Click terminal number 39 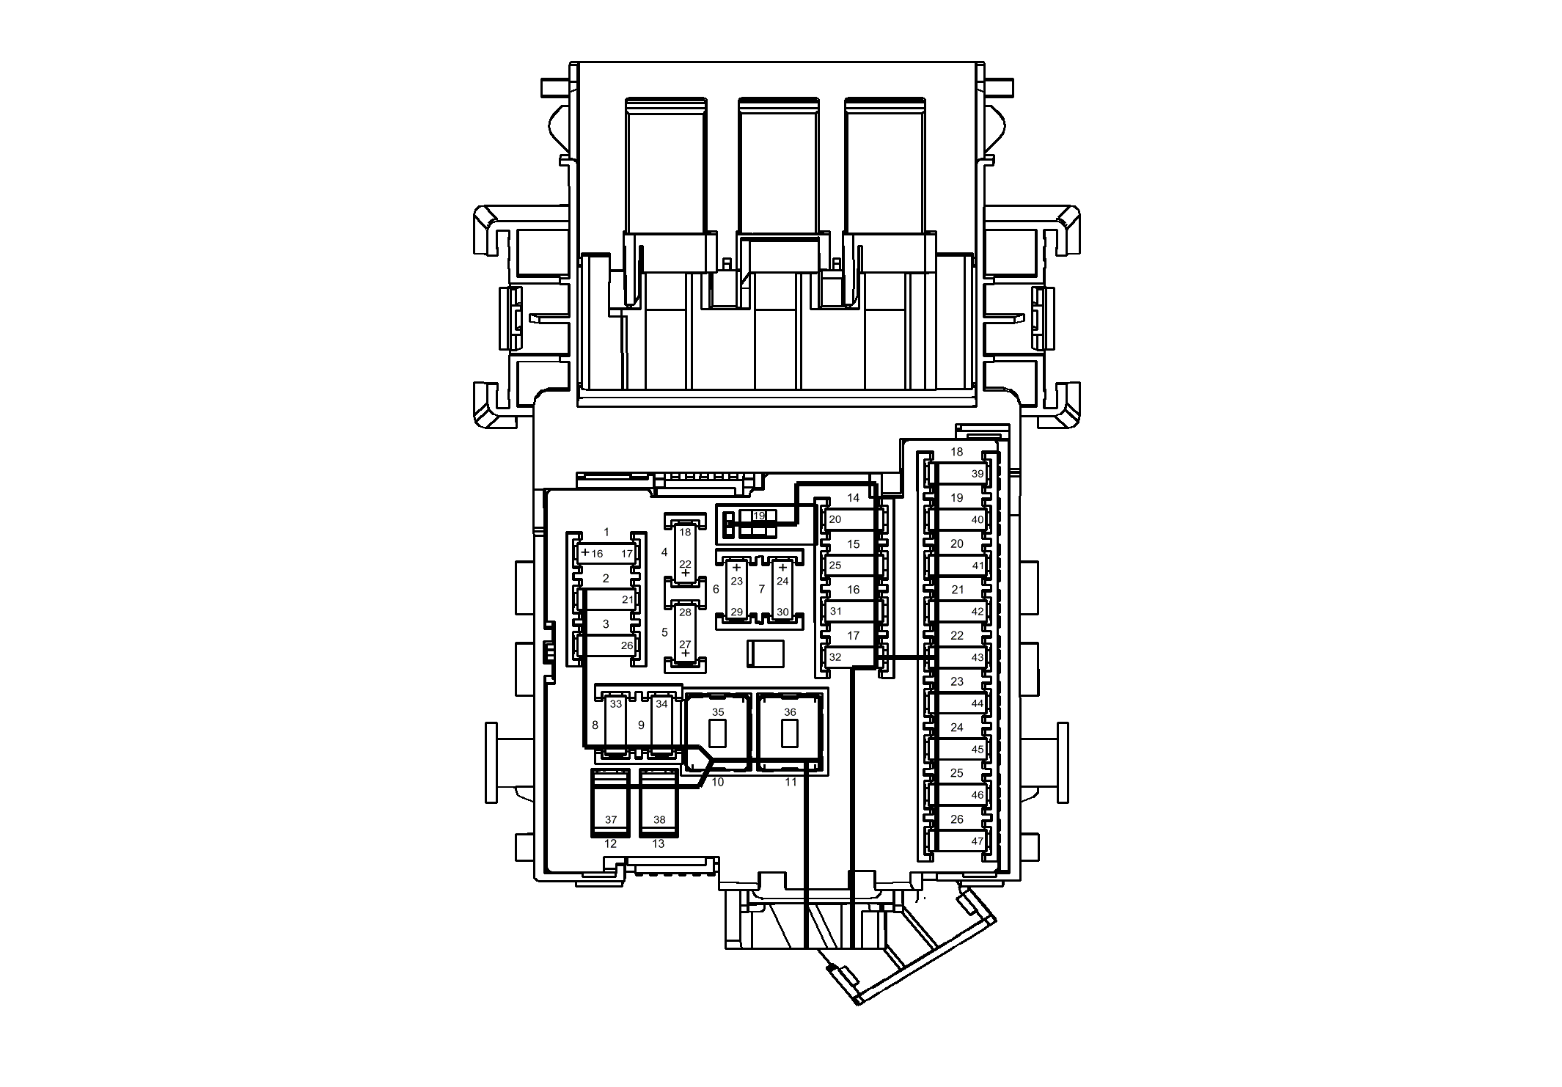(977, 474)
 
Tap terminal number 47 (977, 841)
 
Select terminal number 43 (977, 658)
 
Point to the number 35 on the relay (718, 712)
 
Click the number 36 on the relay (790, 712)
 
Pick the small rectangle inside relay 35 (718, 734)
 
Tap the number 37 (611, 820)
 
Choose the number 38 (659, 820)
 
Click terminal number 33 (616, 704)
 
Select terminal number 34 (662, 704)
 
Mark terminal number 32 (835, 658)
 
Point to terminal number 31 (835, 612)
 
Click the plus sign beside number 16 (584, 552)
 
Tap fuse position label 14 (853, 498)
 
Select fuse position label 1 (606, 532)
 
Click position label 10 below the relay (718, 783)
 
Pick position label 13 (659, 844)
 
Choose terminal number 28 (685, 612)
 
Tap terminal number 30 (782, 612)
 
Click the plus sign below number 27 (685, 653)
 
